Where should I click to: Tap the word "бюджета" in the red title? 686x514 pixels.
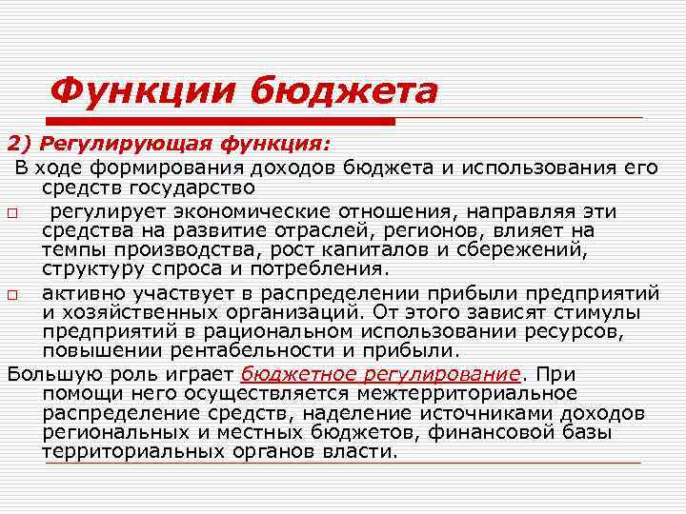coord(344,92)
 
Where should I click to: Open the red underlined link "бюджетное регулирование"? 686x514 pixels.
coord(381,373)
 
